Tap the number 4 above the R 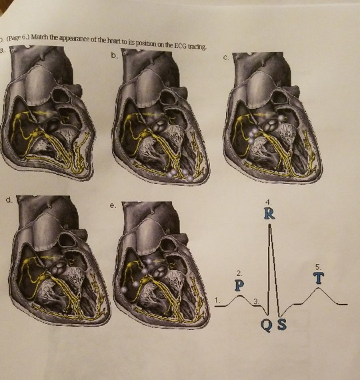tap(268, 201)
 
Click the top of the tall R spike tap(269, 225)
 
